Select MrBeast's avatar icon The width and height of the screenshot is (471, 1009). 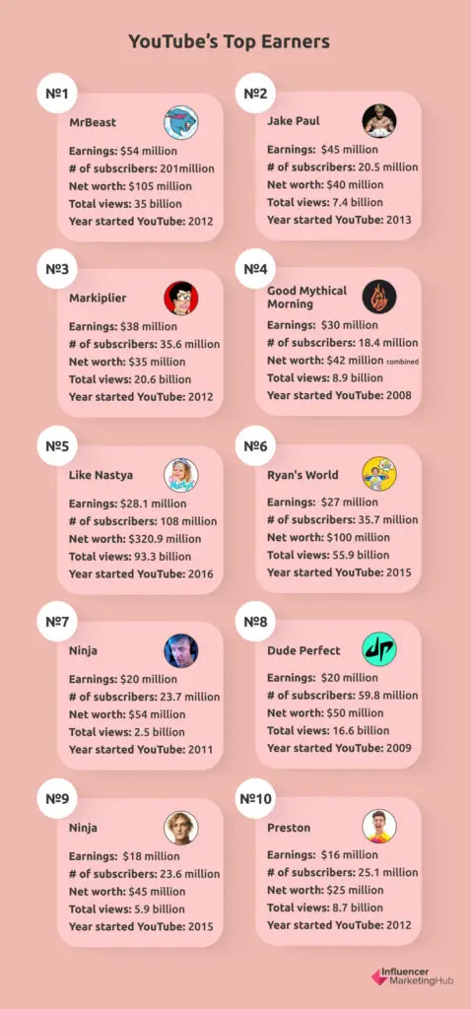[180, 121]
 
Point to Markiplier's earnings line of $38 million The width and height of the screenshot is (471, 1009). [123, 326]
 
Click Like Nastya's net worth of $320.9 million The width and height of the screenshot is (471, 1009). [135, 539]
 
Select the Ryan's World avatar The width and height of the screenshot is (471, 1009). [378, 474]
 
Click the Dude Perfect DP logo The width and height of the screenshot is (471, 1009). [378, 650]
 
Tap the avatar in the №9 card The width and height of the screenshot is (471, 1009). [180, 827]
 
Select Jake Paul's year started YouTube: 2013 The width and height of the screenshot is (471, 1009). [338, 220]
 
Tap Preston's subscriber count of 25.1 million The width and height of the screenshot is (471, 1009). [342, 872]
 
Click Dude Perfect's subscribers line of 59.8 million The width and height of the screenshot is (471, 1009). [342, 696]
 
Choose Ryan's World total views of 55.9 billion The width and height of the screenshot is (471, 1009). [328, 555]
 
